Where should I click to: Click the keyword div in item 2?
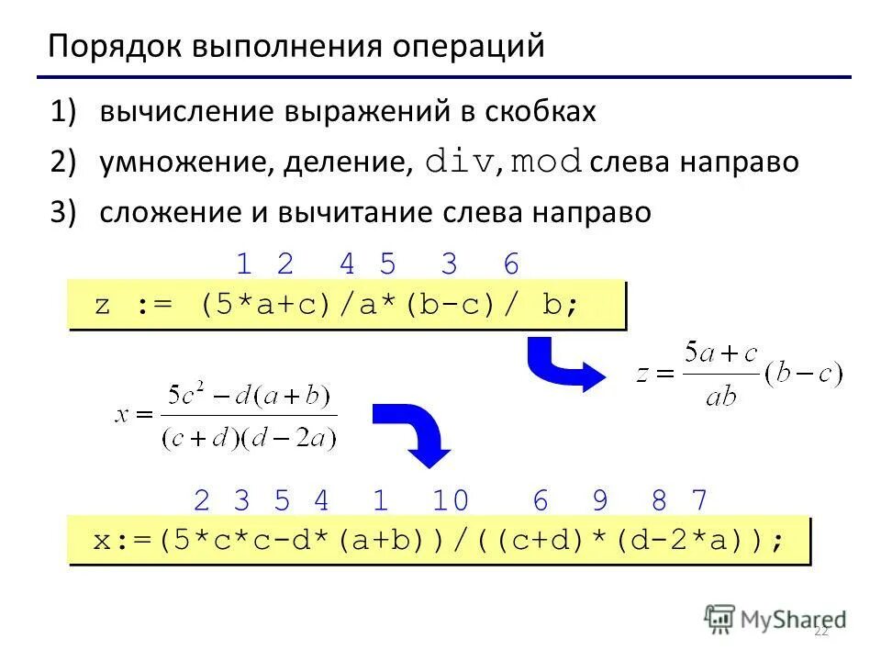pyautogui.click(x=460, y=162)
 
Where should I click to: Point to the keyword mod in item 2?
pyautogui.click(x=547, y=162)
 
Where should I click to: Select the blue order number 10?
pyautogui.click(x=450, y=500)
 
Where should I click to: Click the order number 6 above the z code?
pyautogui.click(x=511, y=264)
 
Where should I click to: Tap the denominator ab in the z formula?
pyautogui.click(x=722, y=396)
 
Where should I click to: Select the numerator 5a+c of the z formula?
pyautogui.click(x=723, y=353)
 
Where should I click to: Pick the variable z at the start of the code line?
pyautogui.click(x=102, y=305)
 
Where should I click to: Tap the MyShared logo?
pyautogui.click(x=775, y=619)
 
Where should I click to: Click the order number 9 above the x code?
pyautogui.click(x=600, y=500)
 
